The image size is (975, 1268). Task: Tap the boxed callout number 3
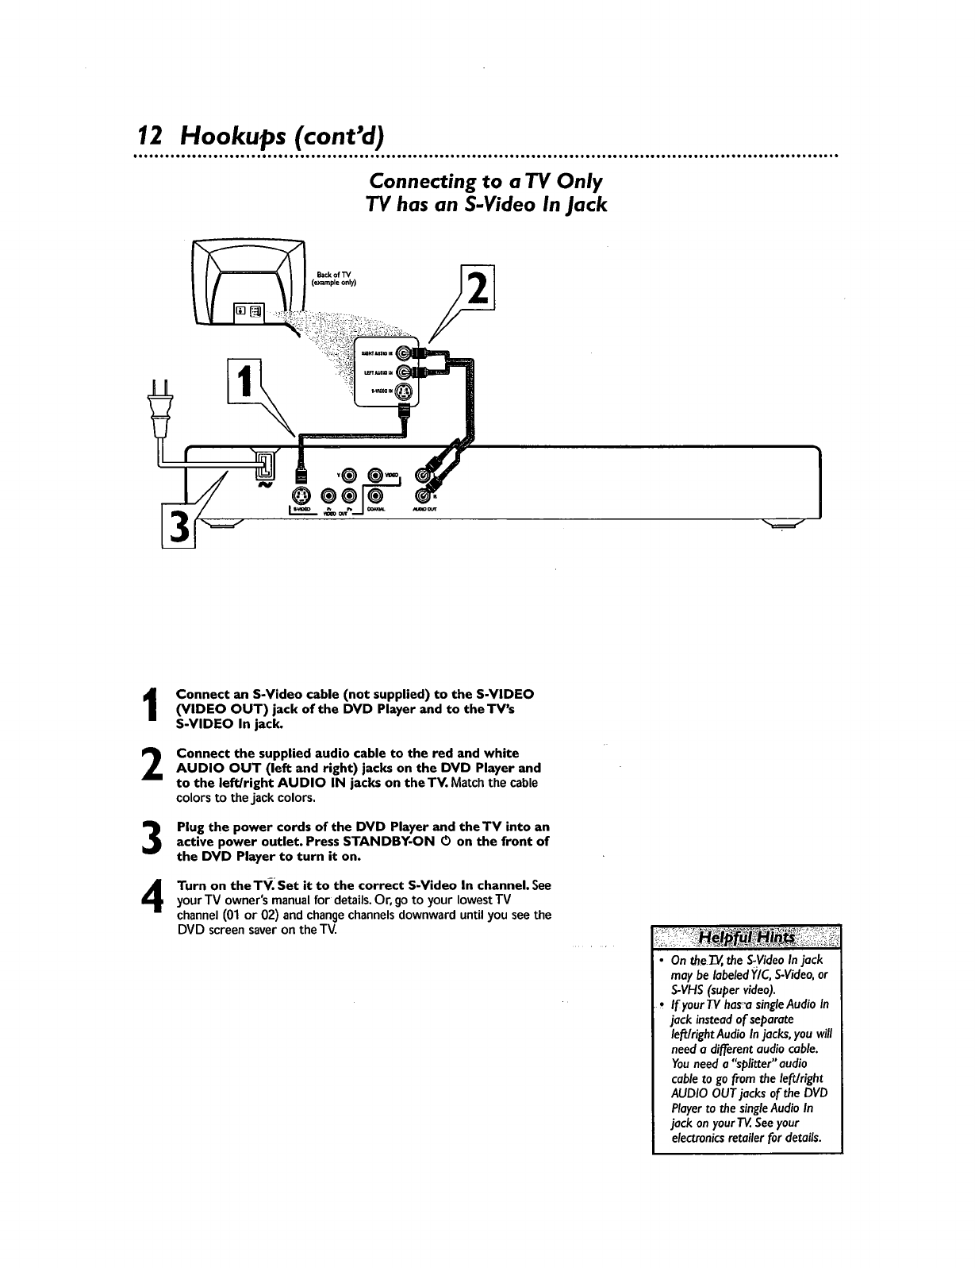pos(178,527)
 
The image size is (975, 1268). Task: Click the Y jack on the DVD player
pos(347,476)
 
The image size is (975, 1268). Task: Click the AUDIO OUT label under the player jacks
pos(426,510)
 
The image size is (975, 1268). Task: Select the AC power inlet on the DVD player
pos(266,466)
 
